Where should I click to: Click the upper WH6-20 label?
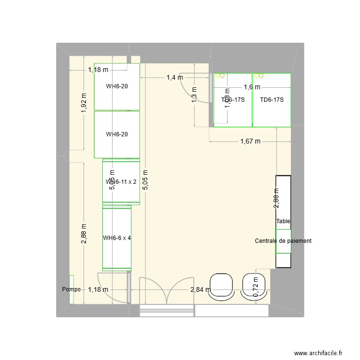coord(117,86)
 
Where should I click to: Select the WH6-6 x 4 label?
coord(117,238)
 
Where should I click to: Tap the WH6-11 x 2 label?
coord(121,182)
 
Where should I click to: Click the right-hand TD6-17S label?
coord(272,100)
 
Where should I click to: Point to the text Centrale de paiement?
coord(283,241)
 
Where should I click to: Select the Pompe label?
coord(71,289)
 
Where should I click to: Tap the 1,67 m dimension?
coord(250,141)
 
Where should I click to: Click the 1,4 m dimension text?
coord(175,77)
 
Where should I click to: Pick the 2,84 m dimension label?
coord(200,289)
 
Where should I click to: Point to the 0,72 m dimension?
coord(256,287)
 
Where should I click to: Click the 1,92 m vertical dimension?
coord(84,103)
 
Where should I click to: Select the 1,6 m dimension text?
coord(252,87)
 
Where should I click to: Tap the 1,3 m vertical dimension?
coord(194,95)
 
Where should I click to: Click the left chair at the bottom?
coord(221,287)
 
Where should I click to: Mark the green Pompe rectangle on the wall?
coord(71,289)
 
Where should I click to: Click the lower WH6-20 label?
coord(117,134)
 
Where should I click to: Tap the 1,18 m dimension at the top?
coord(98,70)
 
